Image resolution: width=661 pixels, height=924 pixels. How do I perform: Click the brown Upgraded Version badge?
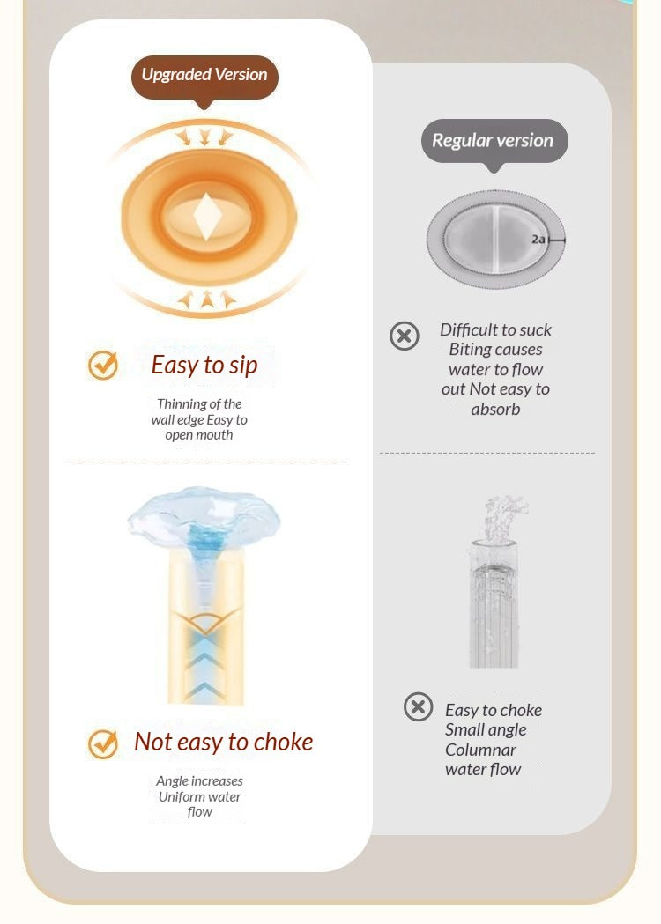pyautogui.click(x=204, y=79)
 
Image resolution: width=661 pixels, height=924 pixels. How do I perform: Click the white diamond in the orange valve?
pyautogui.click(x=208, y=217)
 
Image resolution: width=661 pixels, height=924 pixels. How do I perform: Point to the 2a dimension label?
pyautogui.click(x=538, y=240)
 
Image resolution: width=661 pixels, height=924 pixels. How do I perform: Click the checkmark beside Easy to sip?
pyautogui.click(x=103, y=365)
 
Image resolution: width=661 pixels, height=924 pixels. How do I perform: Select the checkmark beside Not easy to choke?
pyautogui.click(x=103, y=743)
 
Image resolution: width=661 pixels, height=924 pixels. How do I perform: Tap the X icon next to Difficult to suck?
pyautogui.click(x=405, y=336)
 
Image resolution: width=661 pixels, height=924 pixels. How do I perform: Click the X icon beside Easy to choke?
pyautogui.click(x=419, y=706)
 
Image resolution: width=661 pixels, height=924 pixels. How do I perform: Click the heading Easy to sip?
pyautogui.click(x=204, y=366)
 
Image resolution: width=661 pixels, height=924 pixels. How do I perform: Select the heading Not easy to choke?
pyautogui.click(x=224, y=742)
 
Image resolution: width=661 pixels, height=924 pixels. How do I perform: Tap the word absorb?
pyautogui.click(x=495, y=409)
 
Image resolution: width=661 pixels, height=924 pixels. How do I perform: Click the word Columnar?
pyautogui.click(x=480, y=750)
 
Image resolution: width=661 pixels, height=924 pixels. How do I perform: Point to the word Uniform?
pyautogui.click(x=177, y=796)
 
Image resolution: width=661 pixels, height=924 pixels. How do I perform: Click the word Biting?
pyautogui.click(x=470, y=350)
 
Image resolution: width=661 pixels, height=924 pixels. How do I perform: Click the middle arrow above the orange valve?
pyautogui.click(x=204, y=137)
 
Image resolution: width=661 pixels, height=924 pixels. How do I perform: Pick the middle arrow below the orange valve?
pyautogui.click(x=206, y=299)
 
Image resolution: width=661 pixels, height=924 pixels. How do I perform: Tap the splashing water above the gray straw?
pyautogui.click(x=502, y=518)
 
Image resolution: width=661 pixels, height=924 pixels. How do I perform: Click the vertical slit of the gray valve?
pyautogui.click(x=496, y=239)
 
